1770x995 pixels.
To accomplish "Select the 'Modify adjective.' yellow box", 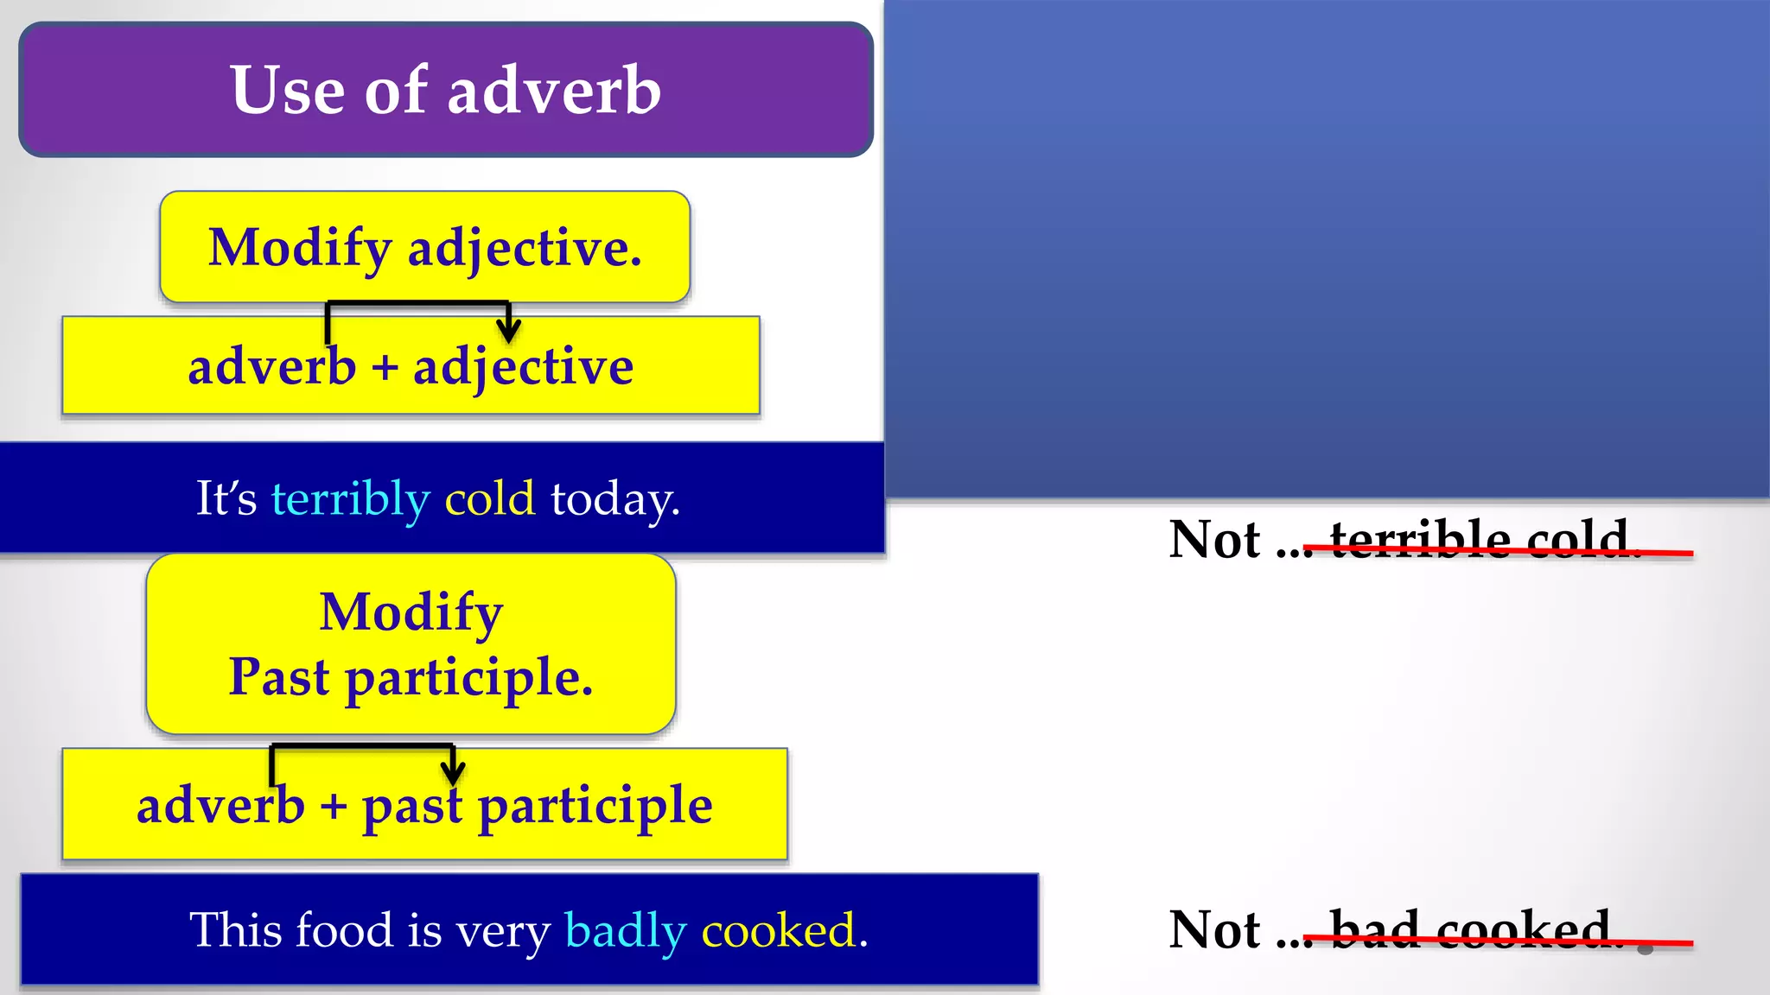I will pyautogui.click(x=424, y=247).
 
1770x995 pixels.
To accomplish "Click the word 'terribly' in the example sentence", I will pyautogui.click(x=350, y=499).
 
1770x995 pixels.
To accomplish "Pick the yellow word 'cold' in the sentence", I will pyautogui.click(x=489, y=498).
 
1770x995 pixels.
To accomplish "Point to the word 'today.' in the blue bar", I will pyautogui.click(x=615, y=499).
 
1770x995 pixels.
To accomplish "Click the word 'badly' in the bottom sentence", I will pyautogui.click(x=625, y=931).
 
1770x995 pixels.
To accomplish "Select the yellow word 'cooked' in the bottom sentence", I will pyautogui.click(x=778, y=930).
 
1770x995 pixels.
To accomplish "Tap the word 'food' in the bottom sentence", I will pyautogui.click(x=344, y=930).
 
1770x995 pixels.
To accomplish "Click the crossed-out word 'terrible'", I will pyautogui.click(x=1420, y=539).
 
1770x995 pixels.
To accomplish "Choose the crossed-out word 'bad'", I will pyautogui.click(x=1374, y=929).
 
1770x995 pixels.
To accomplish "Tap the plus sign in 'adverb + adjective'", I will pyautogui.click(x=385, y=367).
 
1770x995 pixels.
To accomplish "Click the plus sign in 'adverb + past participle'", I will pyautogui.click(x=333, y=806).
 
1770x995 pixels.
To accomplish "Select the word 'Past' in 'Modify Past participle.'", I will pyautogui.click(x=278, y=676).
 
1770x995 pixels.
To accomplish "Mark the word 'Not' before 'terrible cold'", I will pyautogui.click(x=1214, y=540).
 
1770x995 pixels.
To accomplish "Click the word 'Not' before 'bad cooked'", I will pyautogui.click(x=1214, y=930).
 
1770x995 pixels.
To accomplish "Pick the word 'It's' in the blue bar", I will pyautogui.click(x=226, y=498).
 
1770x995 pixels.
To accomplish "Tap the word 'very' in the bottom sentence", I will pyautogui.click(x=503, y=931).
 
